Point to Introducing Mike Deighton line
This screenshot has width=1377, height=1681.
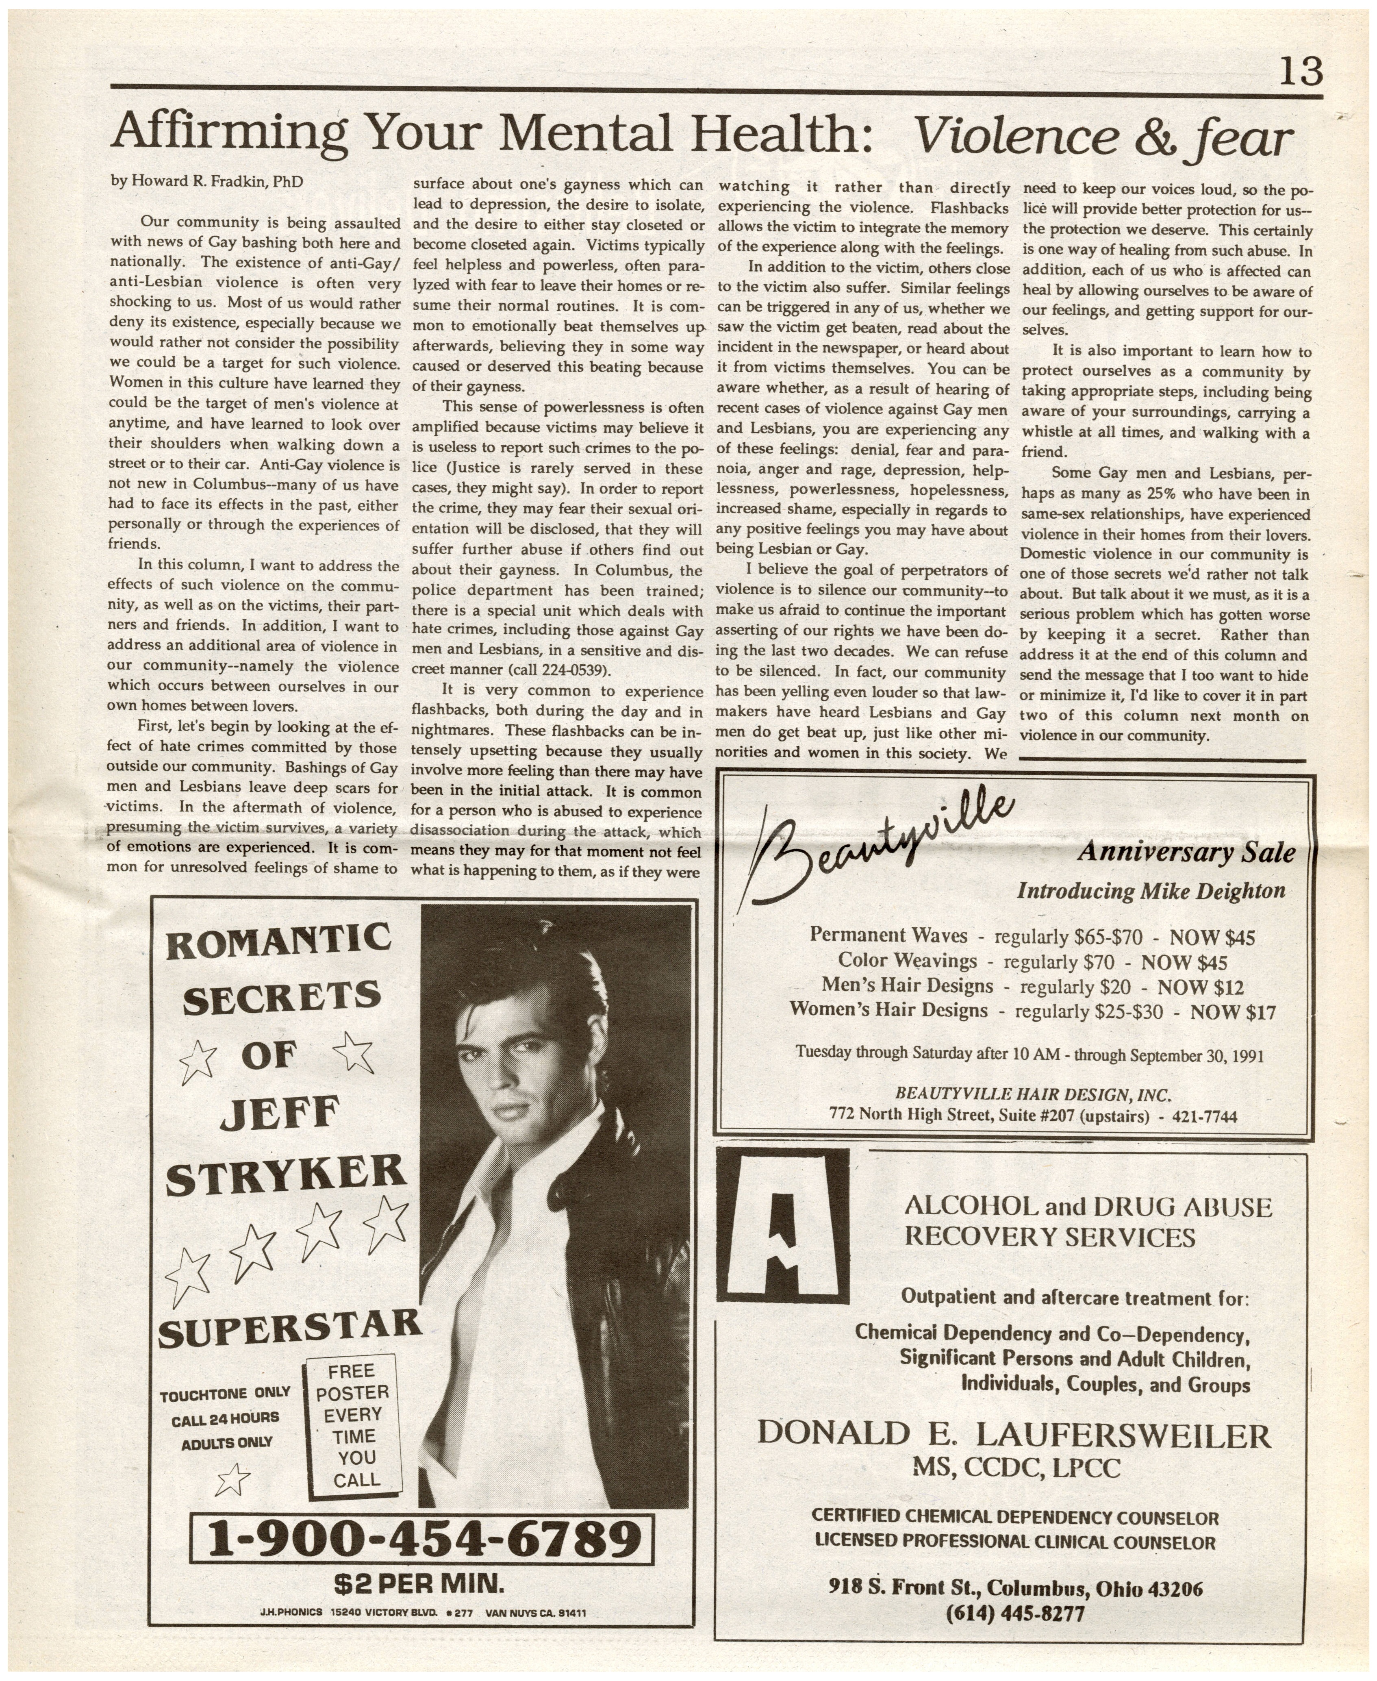point(1151,891)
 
